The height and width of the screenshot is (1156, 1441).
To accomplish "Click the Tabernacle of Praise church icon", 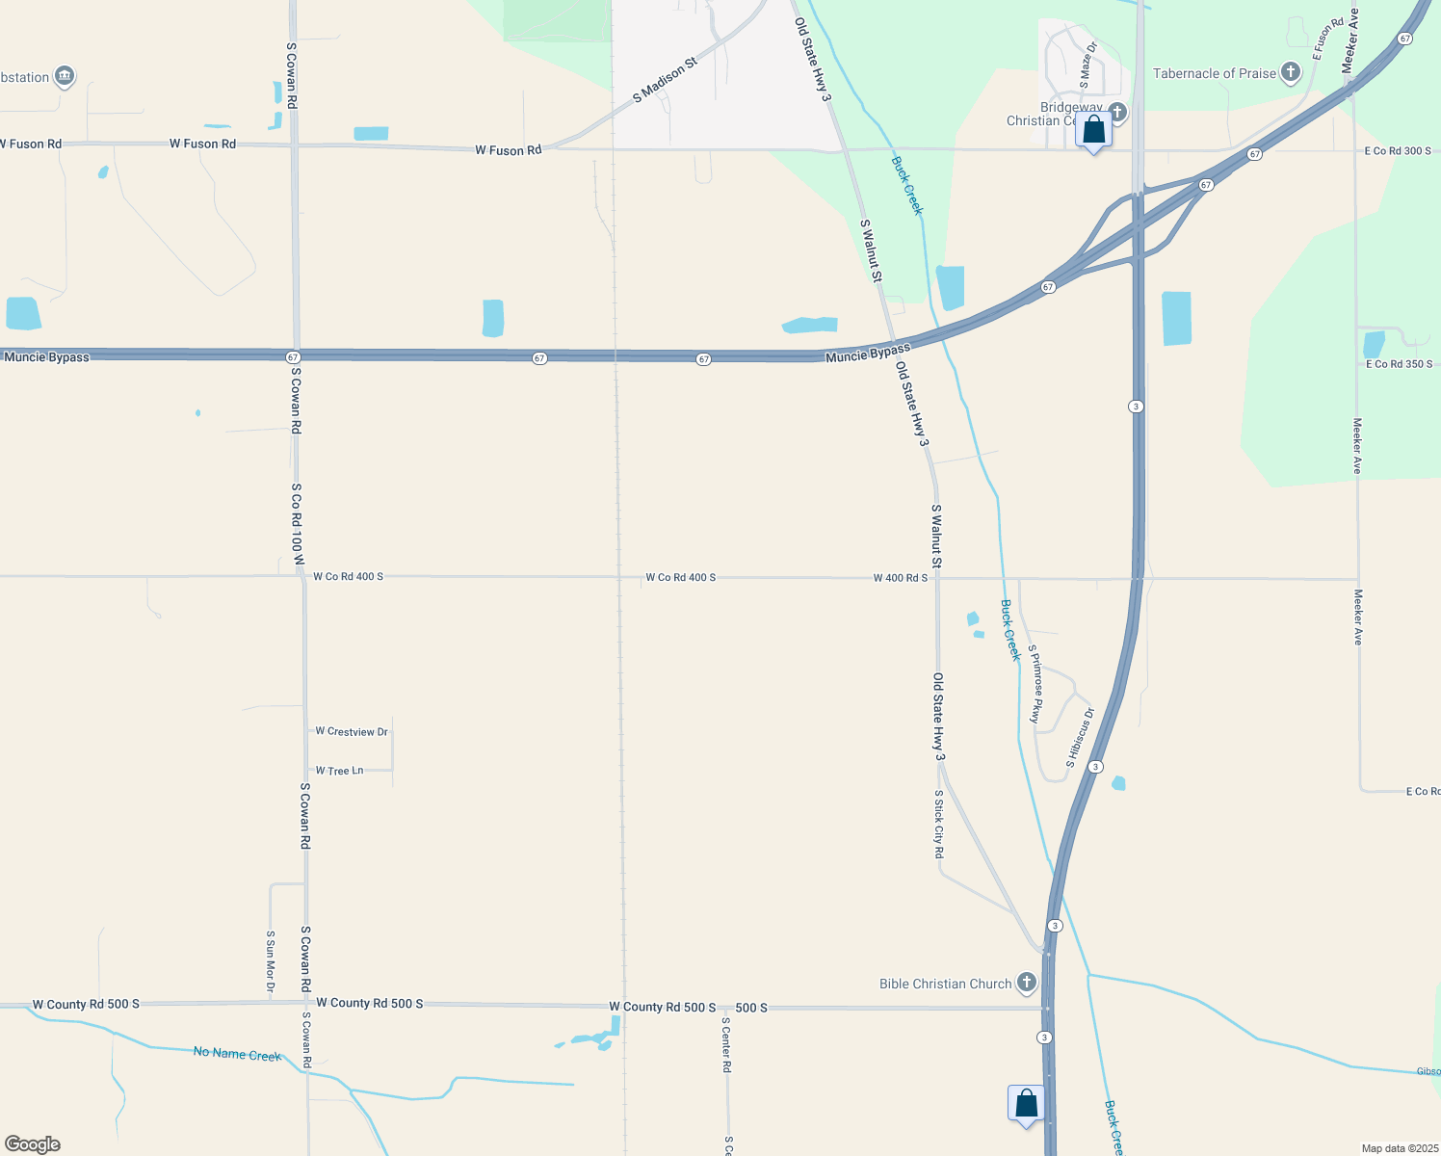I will [x=1291, y=73].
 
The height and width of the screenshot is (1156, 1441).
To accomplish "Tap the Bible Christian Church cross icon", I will [x=1027, y=983].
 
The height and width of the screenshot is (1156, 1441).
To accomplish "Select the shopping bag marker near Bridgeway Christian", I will [x=1093, y=131].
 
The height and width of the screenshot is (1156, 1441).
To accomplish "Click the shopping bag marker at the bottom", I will [x=1026, y=1103].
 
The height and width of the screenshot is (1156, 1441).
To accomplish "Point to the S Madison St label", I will [x=665, y=81].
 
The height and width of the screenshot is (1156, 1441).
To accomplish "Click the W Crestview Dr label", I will [x=352, y=732].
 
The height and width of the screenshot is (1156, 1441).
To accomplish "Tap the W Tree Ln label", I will [x=339, y=771].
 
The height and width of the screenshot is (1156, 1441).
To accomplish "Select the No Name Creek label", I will [x=237, y=1054].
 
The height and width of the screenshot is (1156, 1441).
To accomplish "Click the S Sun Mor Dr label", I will [x=271, y=961].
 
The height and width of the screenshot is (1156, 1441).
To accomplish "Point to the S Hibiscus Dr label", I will [x=1081, y=738].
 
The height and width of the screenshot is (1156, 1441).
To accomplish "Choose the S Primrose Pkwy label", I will [x=1035, y=684].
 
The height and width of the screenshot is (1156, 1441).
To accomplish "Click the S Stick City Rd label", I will [x=939, y=825].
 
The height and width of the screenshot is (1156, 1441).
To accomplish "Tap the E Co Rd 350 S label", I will [x=1399, y=364].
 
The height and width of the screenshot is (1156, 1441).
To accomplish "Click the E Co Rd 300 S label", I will [x=1398, y=151].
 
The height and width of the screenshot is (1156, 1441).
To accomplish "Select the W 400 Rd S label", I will [x=900, y=578].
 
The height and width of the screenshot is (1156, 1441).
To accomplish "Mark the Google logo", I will [x=33, y=1144].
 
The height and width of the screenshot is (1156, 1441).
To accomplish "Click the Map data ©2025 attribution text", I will [x=1400, y=1148].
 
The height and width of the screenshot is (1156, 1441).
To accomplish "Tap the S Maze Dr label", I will [x=1088, y=65].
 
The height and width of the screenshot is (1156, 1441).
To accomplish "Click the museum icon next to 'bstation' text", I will [x=65, y=76].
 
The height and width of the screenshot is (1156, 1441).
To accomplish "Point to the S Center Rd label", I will [x=727, y=1044].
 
